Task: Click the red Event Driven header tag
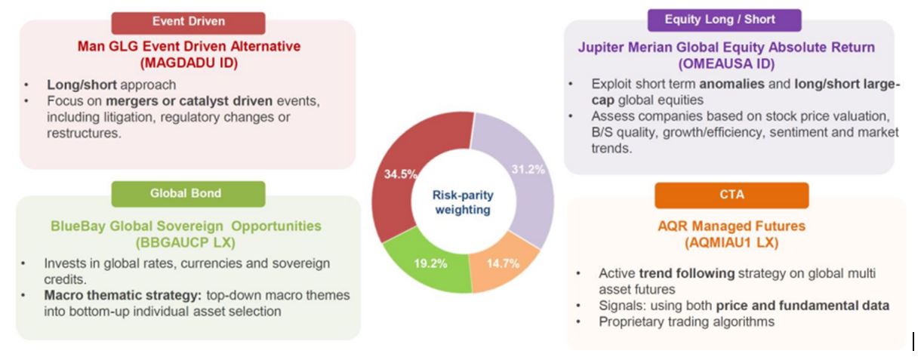(x=188, y=23)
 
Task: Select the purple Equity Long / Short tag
(x=725, y=20)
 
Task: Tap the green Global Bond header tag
(x=188, y=194)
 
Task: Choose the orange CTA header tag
(x=731, y=195)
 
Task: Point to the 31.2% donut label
(x=528, y=169)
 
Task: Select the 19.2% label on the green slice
(x=430, y=263)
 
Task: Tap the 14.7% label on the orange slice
(x=503, y=263)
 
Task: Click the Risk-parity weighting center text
(x=463, y=202)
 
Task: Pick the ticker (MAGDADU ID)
(x=189, y=63)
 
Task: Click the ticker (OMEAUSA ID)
(x=726, y=64)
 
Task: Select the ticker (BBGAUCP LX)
(x=186, y=242)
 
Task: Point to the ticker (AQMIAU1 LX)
(x=731, y=242)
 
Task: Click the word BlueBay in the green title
(x=78, y=226)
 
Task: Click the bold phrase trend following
(x=687, y=273)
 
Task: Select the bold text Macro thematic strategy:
(x=123, y=295)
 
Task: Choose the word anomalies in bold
(x=731, y=84)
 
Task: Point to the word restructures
(x=84, y=133)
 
